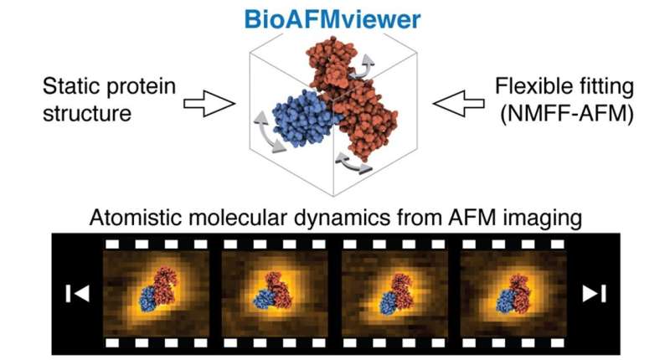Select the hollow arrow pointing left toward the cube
click(x=453, y=103)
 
